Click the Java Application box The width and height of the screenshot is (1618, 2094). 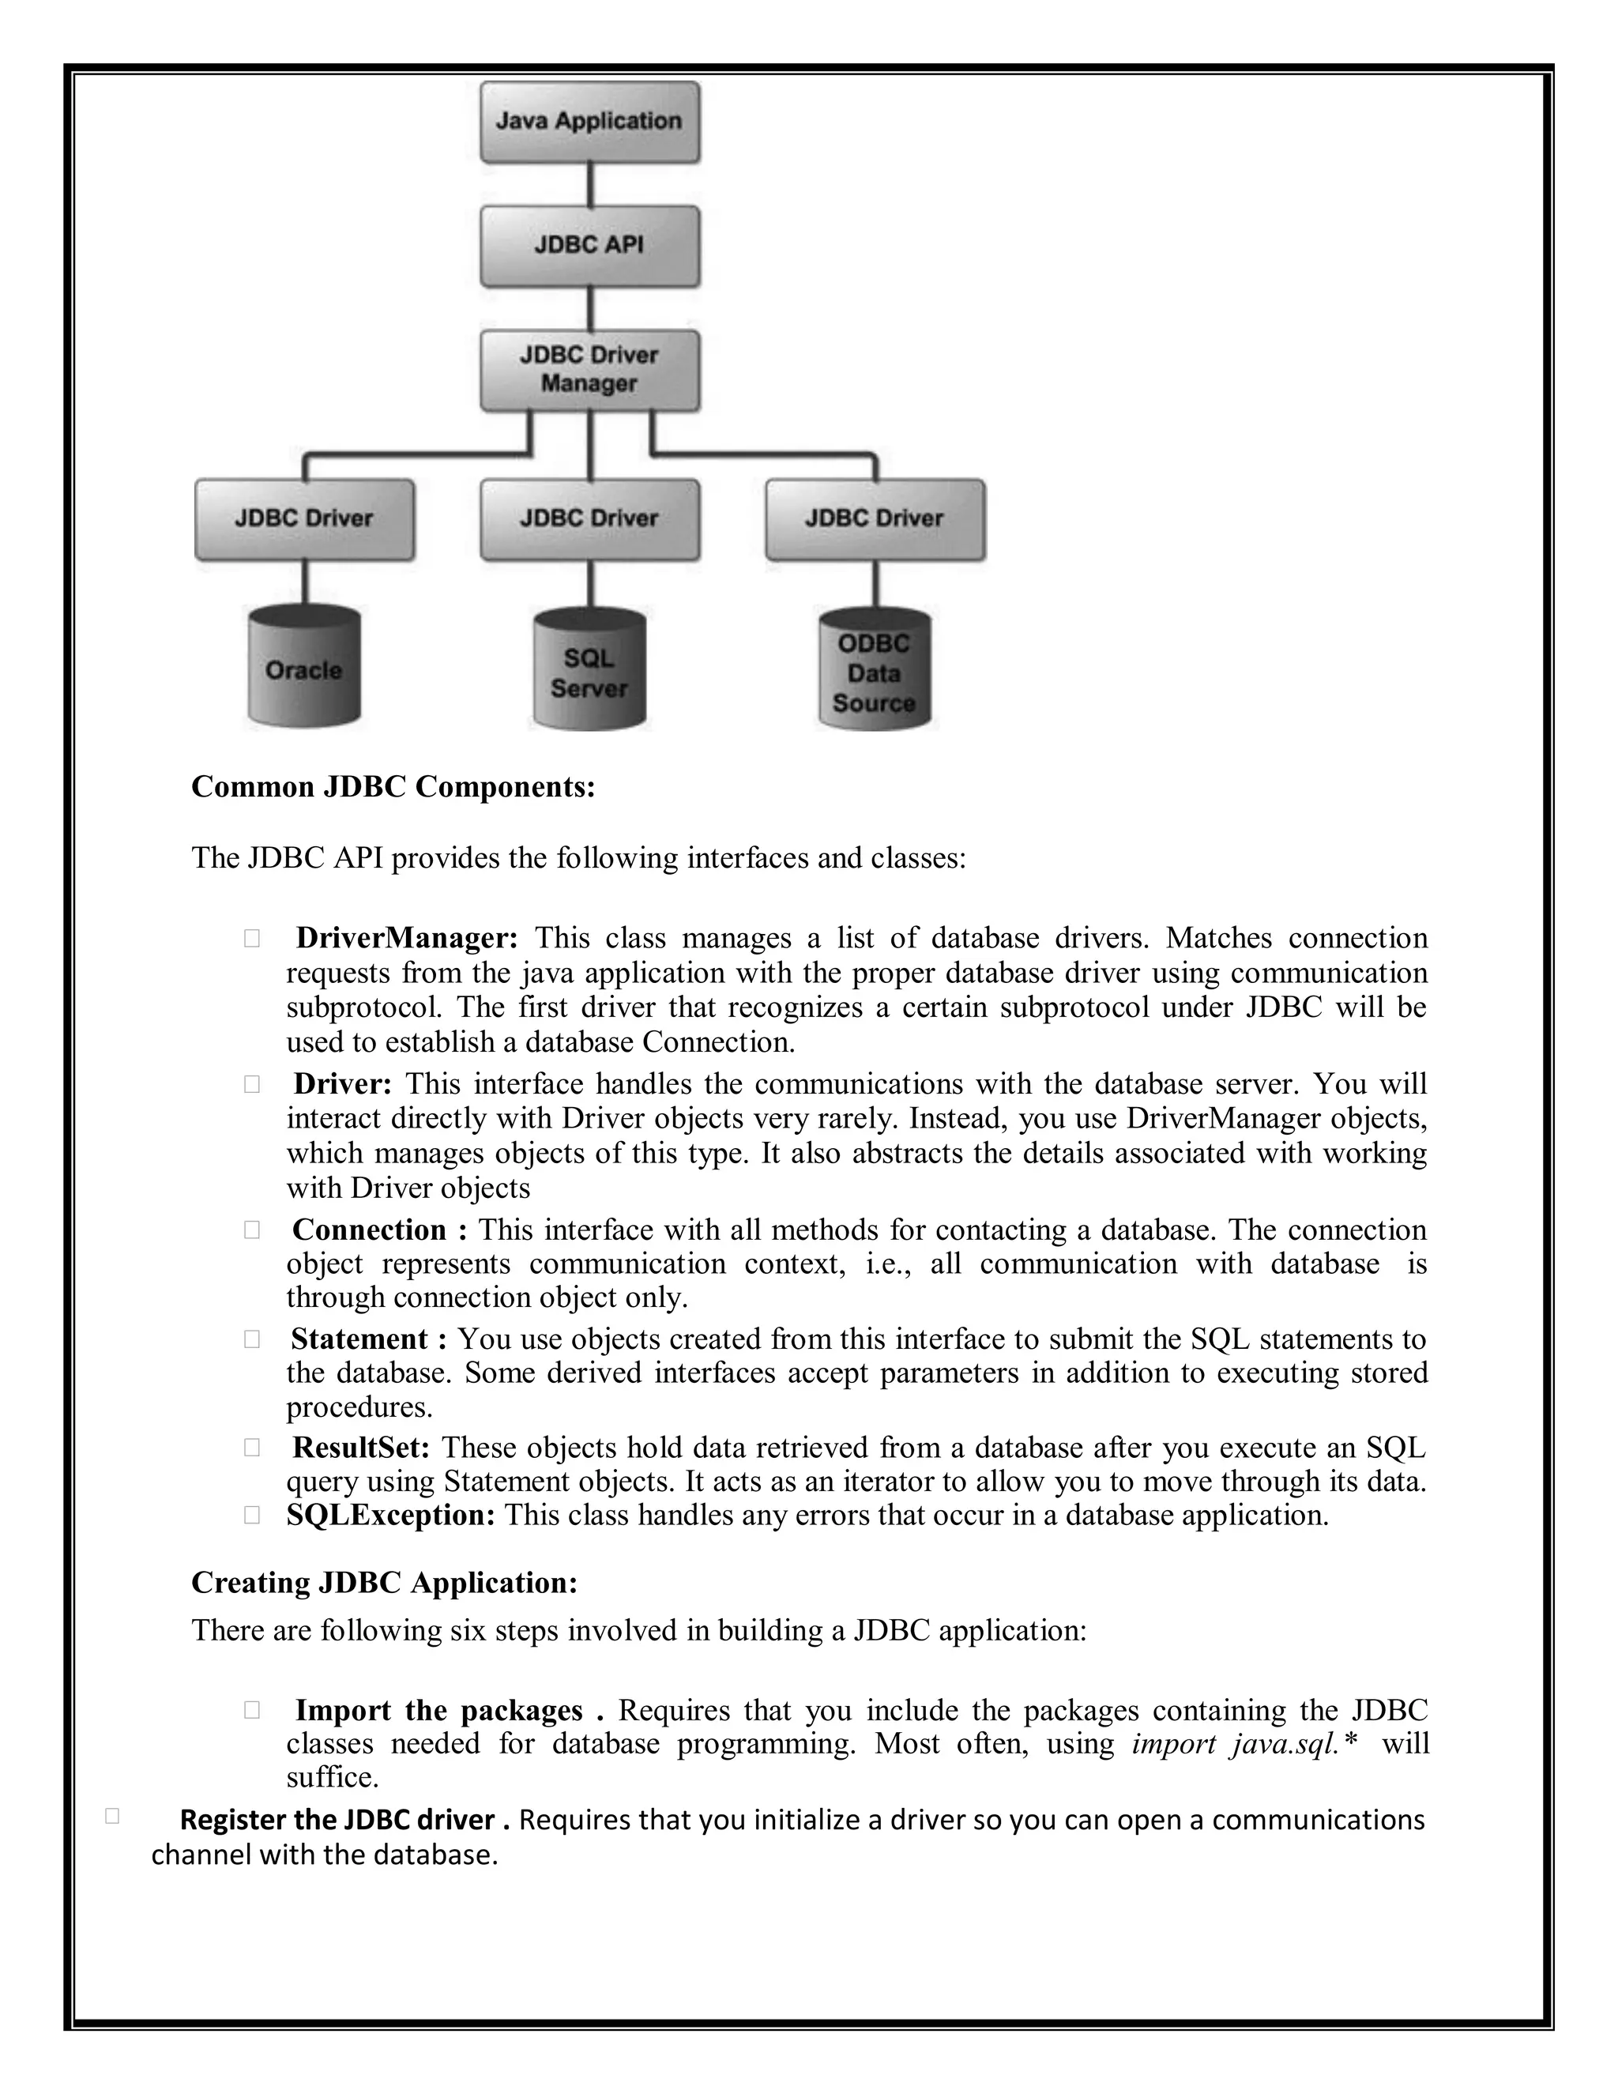[x=589, y=122]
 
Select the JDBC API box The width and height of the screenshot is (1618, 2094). [x=589, y=246]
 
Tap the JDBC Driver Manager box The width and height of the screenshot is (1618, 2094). [x=589, y=370]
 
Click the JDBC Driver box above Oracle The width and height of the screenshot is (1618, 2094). [x=304, y=518]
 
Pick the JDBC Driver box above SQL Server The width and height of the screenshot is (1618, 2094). [x=589, y=518]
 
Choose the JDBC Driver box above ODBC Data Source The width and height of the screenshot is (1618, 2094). [x=875, y=518]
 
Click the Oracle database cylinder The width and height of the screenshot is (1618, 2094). [x=304, y=668]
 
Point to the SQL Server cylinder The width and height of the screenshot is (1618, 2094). [x=589, y=671]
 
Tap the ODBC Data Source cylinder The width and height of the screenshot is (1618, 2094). [x=875, y=671]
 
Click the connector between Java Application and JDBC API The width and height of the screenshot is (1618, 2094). [x=589, y=184]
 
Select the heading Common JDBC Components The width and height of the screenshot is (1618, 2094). [x=393, y=787]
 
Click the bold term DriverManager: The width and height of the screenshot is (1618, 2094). [x=406, y=938]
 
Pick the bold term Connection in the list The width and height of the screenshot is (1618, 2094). [x=369, y=1230]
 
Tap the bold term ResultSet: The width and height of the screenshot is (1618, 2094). [x=360, y=1447]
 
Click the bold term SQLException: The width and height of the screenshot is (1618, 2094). [x=390, y=1515]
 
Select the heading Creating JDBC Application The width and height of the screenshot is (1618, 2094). [x=385, y=1583]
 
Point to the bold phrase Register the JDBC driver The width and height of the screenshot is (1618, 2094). [x=337, y=1820]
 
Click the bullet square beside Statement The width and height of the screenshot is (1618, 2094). [x=252, y=1339]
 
